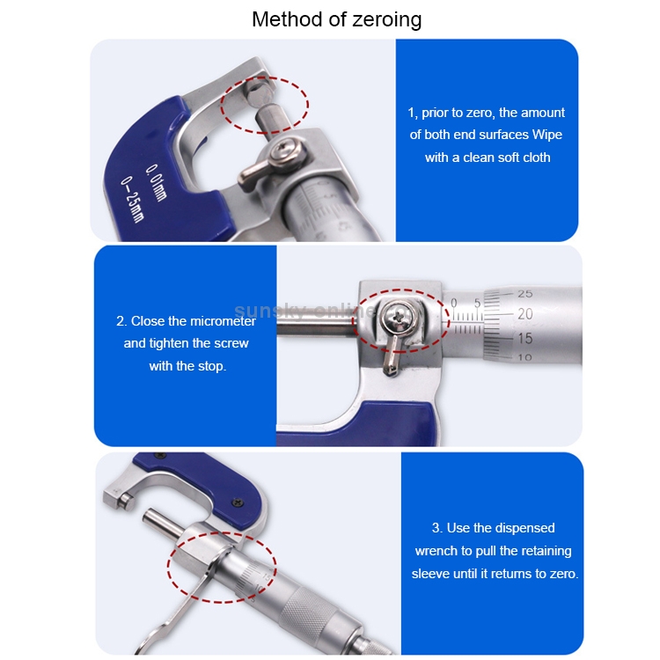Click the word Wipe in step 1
[x=546, y=135]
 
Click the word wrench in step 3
[x=438, y=551]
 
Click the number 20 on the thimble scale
[x=524, y=313]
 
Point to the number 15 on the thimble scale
[x=524, y=338]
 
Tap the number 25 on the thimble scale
[x=524, y=293]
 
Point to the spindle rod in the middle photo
[x=317, y=321]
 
